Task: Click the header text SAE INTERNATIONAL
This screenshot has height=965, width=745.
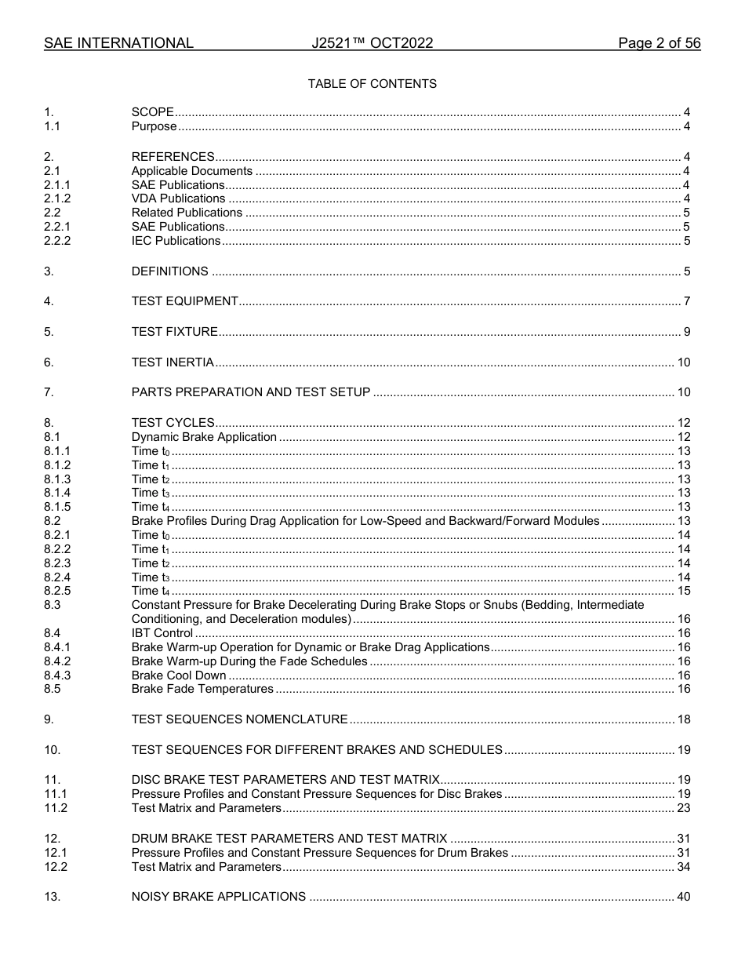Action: (118, 43)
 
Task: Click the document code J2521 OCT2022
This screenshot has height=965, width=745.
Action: (372, 43)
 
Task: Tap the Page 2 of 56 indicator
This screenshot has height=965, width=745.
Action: (659, 43)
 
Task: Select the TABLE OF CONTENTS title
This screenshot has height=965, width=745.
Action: (372, 83)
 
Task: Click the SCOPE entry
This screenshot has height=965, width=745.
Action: (153, 113)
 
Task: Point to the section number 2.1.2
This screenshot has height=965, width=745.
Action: (57, 198)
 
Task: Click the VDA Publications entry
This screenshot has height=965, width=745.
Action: (178, 198)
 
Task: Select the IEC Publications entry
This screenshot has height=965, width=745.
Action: (176, 241)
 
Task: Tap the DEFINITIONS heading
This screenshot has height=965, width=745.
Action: (169, 271)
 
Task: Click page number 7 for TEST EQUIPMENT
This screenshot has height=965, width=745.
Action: (686, 301)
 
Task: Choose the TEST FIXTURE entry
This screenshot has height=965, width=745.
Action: (174, 332)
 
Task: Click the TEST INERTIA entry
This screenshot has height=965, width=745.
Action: (173, 362)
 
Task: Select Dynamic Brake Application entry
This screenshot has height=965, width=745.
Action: (204, 437)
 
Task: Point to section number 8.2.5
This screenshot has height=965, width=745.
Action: (57, 591)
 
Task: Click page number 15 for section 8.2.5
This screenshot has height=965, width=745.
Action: (683, 591)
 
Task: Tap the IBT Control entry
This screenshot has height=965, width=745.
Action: (162, 633)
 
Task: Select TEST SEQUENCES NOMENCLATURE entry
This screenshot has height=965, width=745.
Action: (239, 719)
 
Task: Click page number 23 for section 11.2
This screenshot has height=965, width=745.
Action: (683, 808)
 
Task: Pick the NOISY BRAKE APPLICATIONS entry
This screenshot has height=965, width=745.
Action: (219, 897)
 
